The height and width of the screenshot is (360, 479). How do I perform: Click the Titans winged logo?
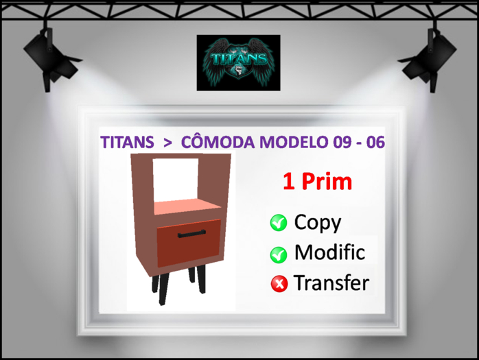[x=238, y=62]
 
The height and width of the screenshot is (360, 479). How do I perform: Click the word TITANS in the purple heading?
[x=127, y=143]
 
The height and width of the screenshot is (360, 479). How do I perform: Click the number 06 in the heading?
[x=374, y=143]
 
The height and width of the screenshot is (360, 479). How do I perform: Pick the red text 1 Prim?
[x=317, y=182]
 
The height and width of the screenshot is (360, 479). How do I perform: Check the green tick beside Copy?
[x=279, y=223]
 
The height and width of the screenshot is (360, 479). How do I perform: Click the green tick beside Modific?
[x=279, y=254]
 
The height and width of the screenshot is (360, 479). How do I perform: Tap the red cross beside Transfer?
[x=279, y=284]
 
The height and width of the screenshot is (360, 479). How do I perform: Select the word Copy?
[x=318, y=222]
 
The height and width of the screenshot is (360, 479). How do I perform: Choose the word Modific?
[x=329, y=252]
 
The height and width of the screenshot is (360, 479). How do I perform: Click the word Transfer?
[x=331, y=283]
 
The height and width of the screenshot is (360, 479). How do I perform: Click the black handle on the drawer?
[x=191, y=235]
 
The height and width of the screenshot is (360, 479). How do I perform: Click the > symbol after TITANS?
[x=167, y=143]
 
